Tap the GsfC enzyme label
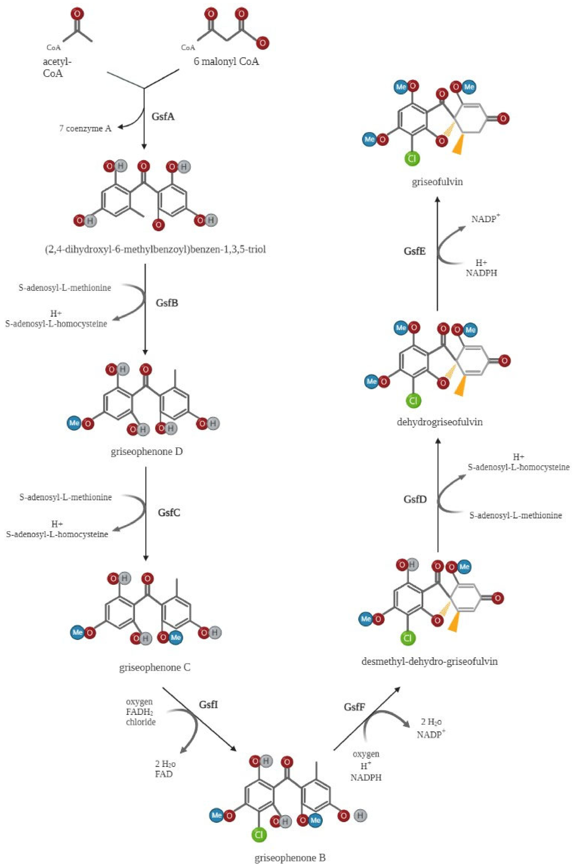pyautogui.click(x=169, y=512)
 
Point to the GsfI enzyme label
pyautogui.click(x=208, y=704)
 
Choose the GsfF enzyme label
pyautogui.click(x=354, y=707)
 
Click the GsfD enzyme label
pyautogui.click(x=415, y=500)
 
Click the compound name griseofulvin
pyautogui.click(x=437, y=182)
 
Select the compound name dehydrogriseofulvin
pyautogui.click(x=440, y=422)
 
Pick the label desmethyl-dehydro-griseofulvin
pyautogui.click(x=429, y=661)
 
